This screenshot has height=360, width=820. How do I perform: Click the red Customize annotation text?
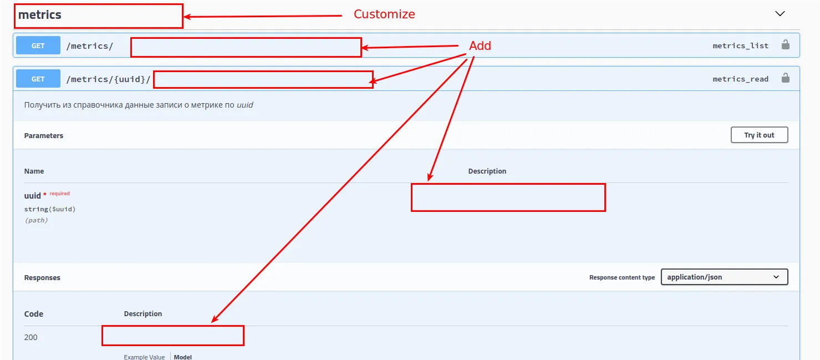point(384,14)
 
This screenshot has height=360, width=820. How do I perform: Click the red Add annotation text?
point(480,46)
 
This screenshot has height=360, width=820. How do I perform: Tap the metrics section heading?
point(40,14)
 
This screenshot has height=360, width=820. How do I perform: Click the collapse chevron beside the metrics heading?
point(780,13)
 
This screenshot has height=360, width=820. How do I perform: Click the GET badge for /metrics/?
point(38,45)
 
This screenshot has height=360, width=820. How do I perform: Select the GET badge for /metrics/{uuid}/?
point(38,79)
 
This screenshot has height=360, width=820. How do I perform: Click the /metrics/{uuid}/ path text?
point(108,79)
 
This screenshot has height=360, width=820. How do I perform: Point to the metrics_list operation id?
point(740,46)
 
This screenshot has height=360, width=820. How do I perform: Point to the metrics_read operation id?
point(740,79)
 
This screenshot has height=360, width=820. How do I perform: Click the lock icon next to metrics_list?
point(785,45)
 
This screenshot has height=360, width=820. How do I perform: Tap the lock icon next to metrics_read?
point(785,78)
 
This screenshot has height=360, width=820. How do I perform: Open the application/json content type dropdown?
point(724,277)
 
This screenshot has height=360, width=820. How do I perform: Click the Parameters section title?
point(44,135)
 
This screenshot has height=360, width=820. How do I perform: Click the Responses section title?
point(42,277)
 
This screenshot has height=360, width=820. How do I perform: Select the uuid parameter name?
point(32,196)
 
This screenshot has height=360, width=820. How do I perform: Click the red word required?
point(59,194)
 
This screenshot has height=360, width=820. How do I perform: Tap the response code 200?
point(30,337)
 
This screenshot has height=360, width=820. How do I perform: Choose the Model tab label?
point(182,357)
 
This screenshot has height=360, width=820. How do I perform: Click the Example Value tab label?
point(144,357)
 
